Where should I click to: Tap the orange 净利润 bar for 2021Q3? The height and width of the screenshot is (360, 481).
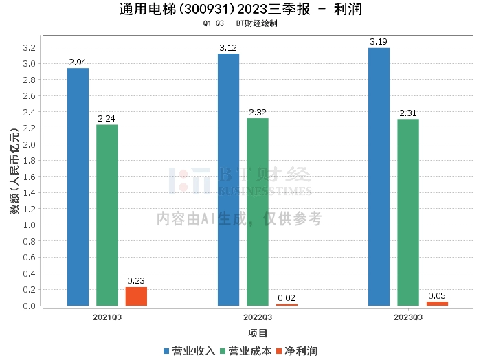(x=136, y=296)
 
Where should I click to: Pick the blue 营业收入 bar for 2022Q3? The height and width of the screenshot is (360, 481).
(x=229, y=179)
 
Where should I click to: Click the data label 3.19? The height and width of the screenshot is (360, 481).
(x=379, y=43)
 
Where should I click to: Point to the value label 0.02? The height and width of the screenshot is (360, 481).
(x=287, y=298)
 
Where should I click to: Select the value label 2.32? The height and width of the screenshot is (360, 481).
(x=258, y=113)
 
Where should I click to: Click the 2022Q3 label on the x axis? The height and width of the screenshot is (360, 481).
(x=258, y=317)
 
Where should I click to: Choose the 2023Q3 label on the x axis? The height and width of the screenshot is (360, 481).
(x=408, y=317)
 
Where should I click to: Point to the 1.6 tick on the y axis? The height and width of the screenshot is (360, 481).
(x=28, y=177)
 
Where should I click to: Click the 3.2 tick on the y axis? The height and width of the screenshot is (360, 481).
(x=28, y=47)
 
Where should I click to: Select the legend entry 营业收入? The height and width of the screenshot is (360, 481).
(x=189, y=350)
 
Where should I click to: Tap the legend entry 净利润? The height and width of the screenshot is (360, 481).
(x=298, y=350)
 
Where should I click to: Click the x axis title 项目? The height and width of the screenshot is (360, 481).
(x=258, y=333)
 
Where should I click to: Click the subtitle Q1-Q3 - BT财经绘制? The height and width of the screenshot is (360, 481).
(x=240, y=23)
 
